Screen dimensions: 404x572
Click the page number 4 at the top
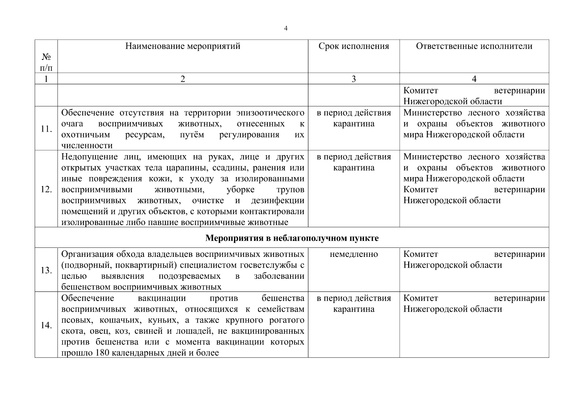pos(286,29)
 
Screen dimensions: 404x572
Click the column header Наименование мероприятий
pos(183,46)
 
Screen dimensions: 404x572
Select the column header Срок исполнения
pos(354,46)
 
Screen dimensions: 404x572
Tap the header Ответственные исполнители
pos(474,46)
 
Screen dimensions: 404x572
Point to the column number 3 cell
pos(354,79)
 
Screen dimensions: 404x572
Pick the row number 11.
pos(46,129)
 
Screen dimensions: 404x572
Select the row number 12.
pos(46,190)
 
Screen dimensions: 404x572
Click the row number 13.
pos(46,270)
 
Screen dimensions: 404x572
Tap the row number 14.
pos(46,325)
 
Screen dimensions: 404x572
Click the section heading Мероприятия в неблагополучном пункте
pos(292,238)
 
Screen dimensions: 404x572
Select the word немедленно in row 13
pos(354,254)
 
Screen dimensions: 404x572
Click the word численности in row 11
pos(87,146)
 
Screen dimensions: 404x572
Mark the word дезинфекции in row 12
pos(277,201)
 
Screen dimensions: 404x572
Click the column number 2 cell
pos(183,79)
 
